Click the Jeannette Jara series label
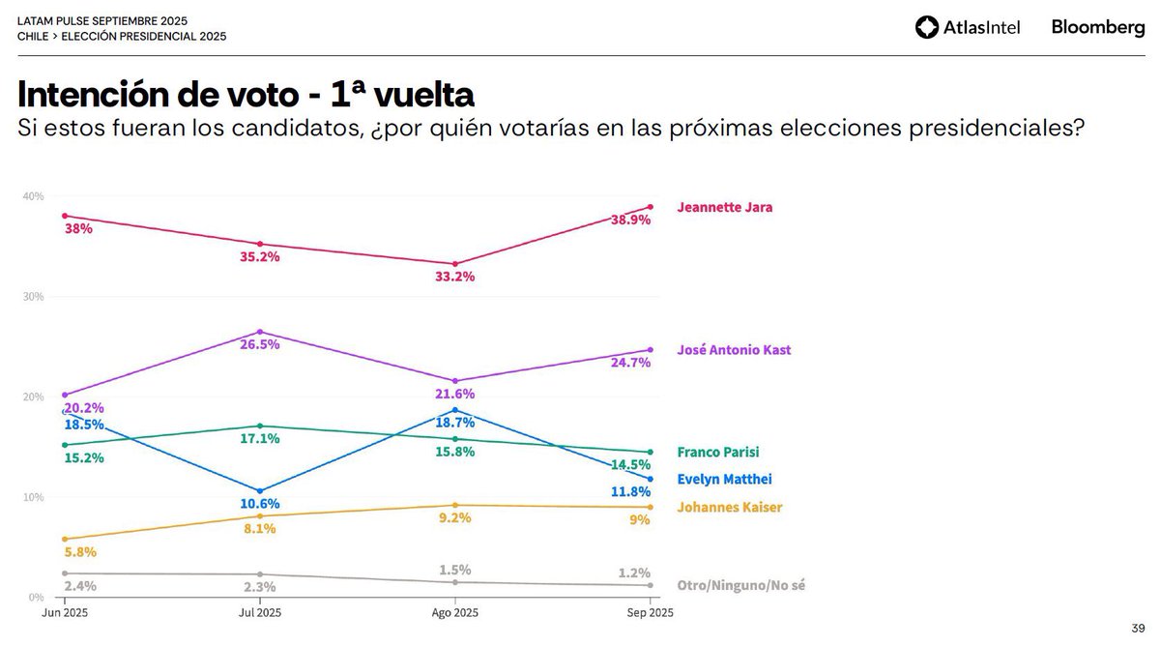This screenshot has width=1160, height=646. (724, 207)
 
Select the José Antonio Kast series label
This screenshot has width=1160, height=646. (734, 350)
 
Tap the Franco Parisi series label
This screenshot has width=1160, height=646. (717, 452)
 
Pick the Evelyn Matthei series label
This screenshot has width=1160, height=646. (724, 479)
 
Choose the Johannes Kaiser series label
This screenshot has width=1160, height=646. (729, 507)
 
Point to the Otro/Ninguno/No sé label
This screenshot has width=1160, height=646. (740, 585)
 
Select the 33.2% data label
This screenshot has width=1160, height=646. (454, 277)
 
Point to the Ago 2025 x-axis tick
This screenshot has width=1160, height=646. (454, 613)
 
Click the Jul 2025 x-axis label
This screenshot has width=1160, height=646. (260, 613)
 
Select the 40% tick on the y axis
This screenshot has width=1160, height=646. (33, 196)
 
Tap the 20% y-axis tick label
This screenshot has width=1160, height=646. (33, 396)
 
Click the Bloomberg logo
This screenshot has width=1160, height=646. (1098, 28)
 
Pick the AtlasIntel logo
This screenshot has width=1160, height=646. (967, 28)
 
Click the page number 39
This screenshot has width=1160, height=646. (1137, 627)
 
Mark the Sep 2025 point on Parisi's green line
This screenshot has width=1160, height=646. (650, 452)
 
